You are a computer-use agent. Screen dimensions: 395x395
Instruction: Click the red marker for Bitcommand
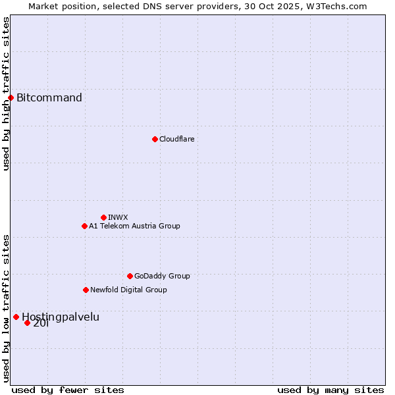point(11,98)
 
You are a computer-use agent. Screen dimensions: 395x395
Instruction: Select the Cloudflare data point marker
point(155,139)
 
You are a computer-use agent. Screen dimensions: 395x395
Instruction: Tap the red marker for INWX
point(103,217)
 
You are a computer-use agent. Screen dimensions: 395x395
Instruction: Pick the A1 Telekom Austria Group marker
point(84,226)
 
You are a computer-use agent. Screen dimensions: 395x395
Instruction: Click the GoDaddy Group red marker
point(130,276)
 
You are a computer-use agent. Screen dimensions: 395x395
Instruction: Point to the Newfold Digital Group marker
point(86,290)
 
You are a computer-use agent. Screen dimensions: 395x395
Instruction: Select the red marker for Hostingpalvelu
point(16,317)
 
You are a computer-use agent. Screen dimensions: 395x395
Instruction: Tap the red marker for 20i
point(27,323)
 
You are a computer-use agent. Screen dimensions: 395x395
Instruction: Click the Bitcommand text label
point(49,98)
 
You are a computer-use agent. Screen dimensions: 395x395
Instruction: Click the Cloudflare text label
point(177,139)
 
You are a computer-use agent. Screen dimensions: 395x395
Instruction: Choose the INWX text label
point(118,217)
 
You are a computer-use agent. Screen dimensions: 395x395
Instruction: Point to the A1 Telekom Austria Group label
point(134,226)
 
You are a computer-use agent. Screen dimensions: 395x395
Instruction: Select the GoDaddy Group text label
point(162,276)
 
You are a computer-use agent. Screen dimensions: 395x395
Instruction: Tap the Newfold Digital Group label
point(128,290)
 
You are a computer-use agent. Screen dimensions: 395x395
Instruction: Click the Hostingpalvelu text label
point(61,317)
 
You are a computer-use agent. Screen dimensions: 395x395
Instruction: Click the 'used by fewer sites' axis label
point(68,390)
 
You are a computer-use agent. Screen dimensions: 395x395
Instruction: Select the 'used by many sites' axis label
point(330,390)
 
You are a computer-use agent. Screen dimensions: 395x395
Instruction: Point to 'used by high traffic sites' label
point(6,93)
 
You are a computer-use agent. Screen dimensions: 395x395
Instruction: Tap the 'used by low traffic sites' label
point(6,308)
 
